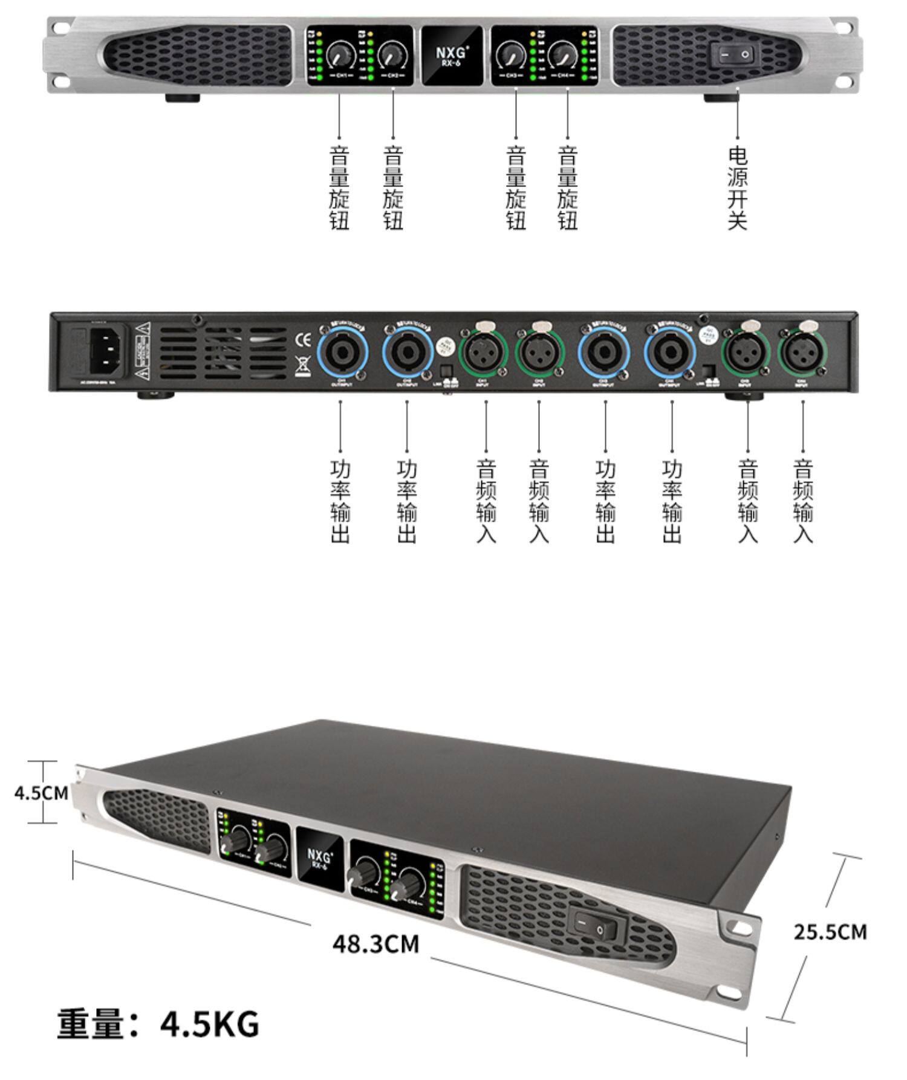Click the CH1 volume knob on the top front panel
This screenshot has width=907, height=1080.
(x=339, y=56)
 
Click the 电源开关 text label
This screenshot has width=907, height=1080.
(x=737, y=188)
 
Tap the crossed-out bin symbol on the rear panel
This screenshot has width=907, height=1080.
(x=302, y=366)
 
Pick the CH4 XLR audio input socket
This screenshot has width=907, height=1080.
(x=802, y=353)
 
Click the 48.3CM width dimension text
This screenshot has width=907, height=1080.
(x=375, y=944)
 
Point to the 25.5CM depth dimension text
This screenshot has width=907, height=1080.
(x=830, y=932)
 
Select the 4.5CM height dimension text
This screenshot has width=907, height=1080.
(x=41, y=793)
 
